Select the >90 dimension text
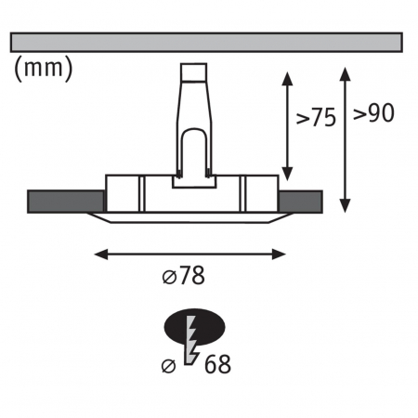point(373,114)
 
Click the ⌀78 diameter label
point(182,276)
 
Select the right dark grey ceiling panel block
point(299,201)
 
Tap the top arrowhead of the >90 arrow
point(346,71)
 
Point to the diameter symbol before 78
point(168,276)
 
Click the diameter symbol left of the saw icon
point(168,364)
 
